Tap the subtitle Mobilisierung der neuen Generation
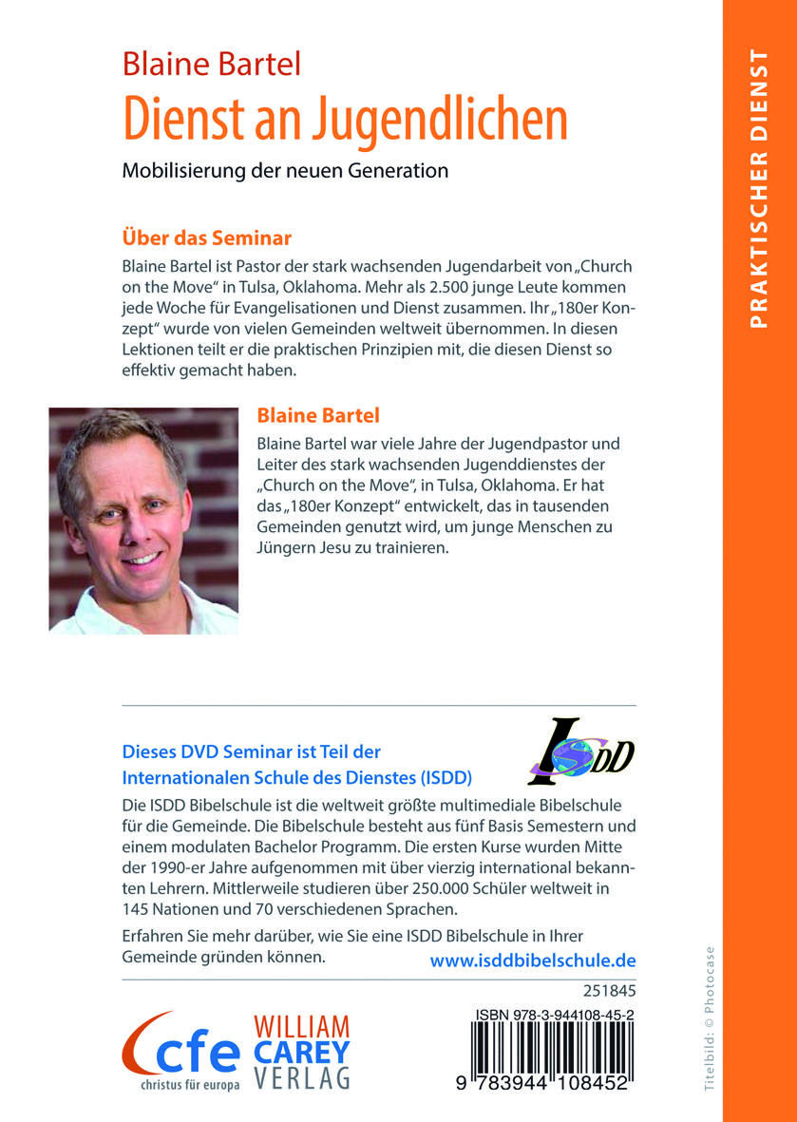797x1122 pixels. (285, 172)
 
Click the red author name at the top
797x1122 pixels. (211, 64)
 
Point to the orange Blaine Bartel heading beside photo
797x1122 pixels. (318, 414)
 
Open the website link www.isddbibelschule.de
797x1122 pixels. (533, 960)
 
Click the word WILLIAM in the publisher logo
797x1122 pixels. (301, 1028)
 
